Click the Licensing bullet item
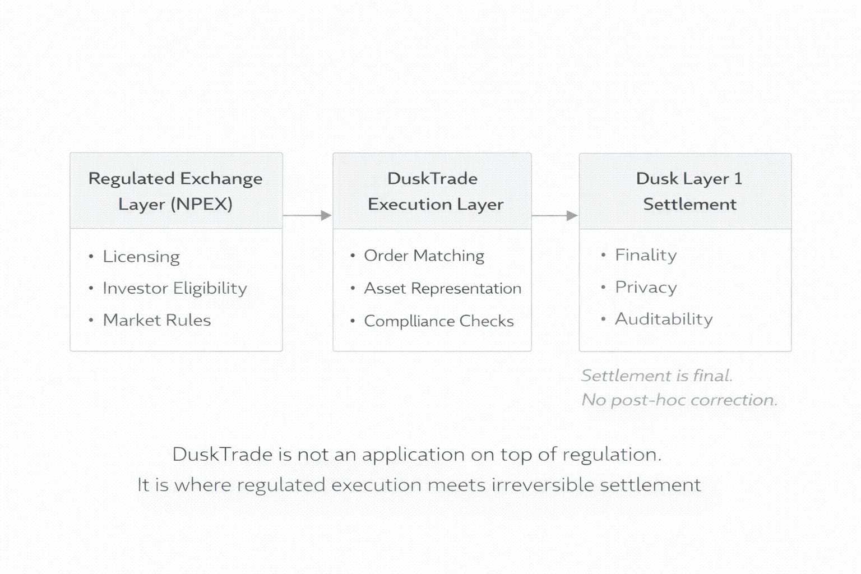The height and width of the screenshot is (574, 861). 141,257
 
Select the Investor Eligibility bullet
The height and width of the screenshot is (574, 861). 174,289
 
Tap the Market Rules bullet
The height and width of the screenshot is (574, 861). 157,320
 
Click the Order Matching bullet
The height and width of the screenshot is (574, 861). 424,256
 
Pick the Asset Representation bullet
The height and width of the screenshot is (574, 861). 442,289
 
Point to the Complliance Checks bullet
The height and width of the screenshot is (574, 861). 438,321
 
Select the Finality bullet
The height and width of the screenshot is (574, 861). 646,255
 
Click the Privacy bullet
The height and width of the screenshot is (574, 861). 646,288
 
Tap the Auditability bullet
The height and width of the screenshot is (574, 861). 664,319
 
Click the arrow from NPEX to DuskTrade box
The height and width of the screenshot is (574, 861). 307,215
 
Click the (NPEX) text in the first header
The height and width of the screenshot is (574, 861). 202,204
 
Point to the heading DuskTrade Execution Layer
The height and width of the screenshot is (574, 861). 435,191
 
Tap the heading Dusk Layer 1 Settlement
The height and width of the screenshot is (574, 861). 689,191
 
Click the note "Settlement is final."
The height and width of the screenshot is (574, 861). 656,376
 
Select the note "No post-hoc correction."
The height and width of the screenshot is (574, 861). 679,400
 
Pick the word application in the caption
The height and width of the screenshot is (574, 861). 413,455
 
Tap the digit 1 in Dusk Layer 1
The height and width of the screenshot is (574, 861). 738,179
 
